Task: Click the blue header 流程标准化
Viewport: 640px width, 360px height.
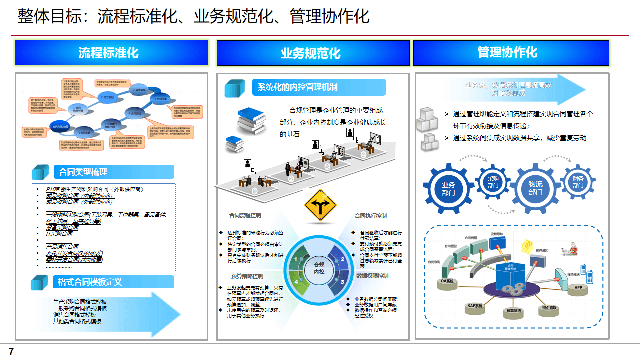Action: pyautogui.click(x=111, y=53)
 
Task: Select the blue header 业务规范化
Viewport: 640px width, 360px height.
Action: pyautogui.click(x=313, y=53)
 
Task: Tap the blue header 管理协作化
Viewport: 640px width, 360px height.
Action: pyautogui.click(x=511, y=53)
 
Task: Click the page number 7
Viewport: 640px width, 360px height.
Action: pyautogui.click(x=11, y=352)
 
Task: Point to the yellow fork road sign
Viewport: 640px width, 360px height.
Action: pyautogui.click(x=320, y=205)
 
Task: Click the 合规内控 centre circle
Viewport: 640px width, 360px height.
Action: pyautogui.click(x=319, y=268)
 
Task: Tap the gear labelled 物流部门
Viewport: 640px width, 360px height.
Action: pyautogui.click(x=535, y=188)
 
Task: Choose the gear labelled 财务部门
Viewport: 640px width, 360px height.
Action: pyautogui.click(x=578, y=182)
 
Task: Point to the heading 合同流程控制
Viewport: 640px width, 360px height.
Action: pyautogui.click(x=245, y=216)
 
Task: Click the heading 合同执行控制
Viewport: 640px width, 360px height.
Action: pyautogui.click(x=370, y=216)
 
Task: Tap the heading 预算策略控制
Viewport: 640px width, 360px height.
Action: pyautogui.click(x=247, y=276)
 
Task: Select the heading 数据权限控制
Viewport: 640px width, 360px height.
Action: pyautogui.click(x=372, y=276)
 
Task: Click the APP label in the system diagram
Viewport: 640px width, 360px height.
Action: pyautogui.click(x=578, y=288)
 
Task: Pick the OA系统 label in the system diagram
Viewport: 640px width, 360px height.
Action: pyautogui.click(x=447, y=281)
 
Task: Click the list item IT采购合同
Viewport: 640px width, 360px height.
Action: pyautogui.click(x=59, y=234)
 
